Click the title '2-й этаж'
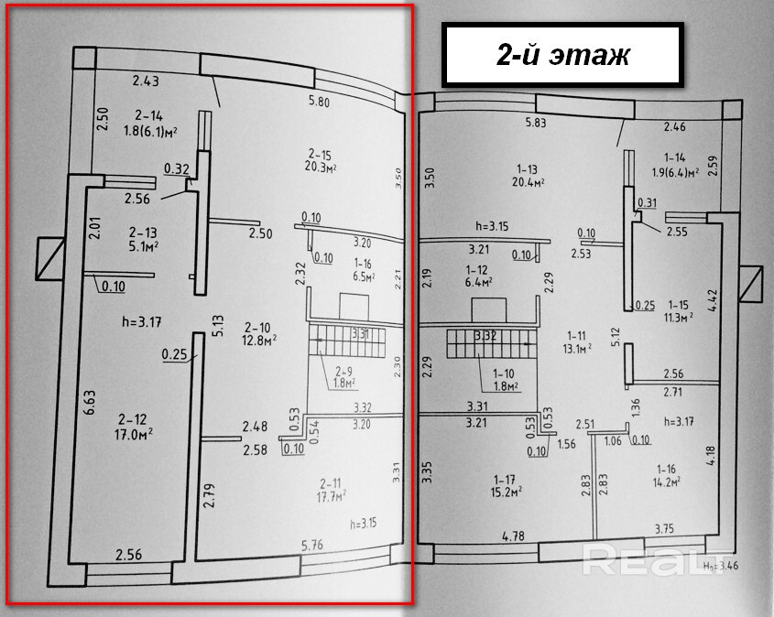click(562, 55)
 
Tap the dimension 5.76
click(314, 547)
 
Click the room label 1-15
click(677, 304)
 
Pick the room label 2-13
click(141, 232)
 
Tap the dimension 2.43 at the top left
click(145, 81)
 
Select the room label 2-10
click(260, 326)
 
